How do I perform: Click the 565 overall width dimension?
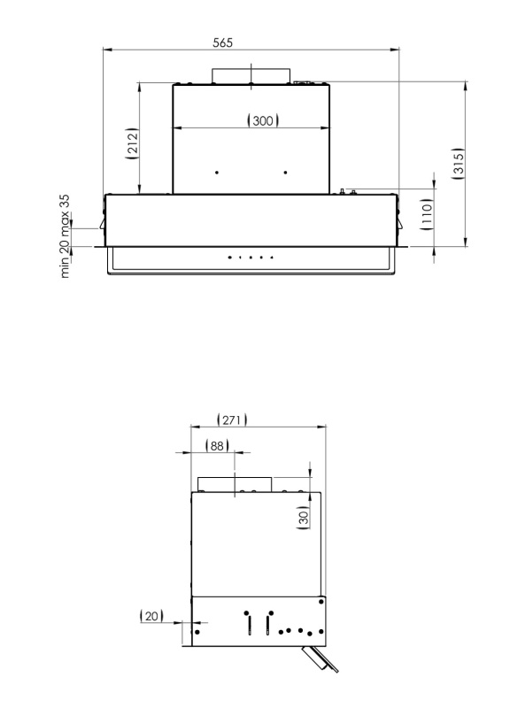(x=223, y=42)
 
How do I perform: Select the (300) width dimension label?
(x=263, y=120)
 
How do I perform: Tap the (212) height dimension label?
(x=131, y=143)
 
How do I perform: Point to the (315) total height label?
(x=458, y=164)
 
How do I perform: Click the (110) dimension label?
(x=427, y=214)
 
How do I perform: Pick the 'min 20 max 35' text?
(x=65, y=236)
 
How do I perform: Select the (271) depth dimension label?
(x=232, y=419)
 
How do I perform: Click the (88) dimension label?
(x=217, y=446)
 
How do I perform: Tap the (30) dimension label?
(x=304, y=516)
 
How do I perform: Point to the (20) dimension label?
(x=151, y=616)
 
